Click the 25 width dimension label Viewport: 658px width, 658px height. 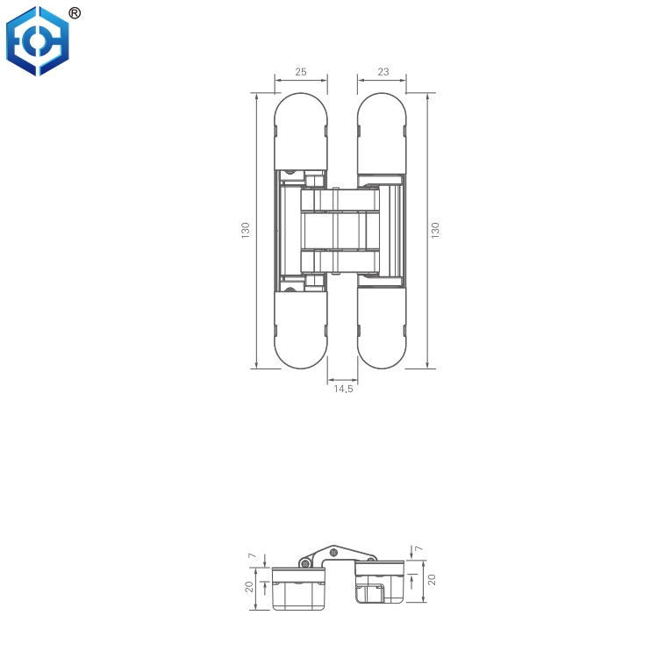(x=301, y=73)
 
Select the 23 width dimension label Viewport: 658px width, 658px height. (x=383, y=73)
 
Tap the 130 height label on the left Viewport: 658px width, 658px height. (x=246, y=231)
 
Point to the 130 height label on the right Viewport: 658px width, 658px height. (x=435, y=231)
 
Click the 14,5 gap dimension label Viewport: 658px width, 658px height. (x=342, y=389)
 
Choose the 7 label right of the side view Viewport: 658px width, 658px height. (x=418, y=549)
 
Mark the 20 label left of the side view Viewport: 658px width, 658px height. (x=250, y=587)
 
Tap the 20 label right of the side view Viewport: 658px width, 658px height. (x=431, y=580)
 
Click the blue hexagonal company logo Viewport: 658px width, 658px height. (x=36, y=41)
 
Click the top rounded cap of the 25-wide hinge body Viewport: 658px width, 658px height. (x=301, y=132)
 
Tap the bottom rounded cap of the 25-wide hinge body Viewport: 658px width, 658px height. (x=301, y=330)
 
